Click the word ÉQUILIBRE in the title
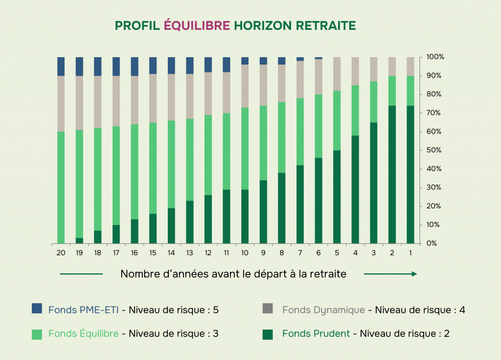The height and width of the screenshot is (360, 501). pyautogui.click(x=197, y=25)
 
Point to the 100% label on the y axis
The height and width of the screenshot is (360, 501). pyautogui.click(x=435, y=57)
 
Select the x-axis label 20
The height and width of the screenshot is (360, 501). pyautogui.click(x=61, y=253)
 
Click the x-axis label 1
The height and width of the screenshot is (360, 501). pyautogui.click(x=410, y=253)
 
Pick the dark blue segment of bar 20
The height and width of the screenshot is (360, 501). pyautogui.click(x=61, y=67)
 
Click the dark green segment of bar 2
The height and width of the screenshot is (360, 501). pyautogui.click(x=392, y=175)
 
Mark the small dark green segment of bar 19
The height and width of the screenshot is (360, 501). pyautogui.click(x=79, y=241)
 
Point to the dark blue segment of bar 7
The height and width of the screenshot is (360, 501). pyautogui.click(x=300, y=59)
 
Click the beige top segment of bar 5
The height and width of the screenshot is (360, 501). pyautogui.click(x=337, y=74)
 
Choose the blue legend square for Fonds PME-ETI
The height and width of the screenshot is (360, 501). pyautogui.click(x=37, y=309)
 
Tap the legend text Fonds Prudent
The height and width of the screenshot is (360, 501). pyautogui.click(x=316, y=334)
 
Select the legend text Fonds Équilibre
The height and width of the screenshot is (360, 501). pyautogui.click(x=83, y=334)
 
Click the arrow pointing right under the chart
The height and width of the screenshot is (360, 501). pyautogui.click(x=390, y=274)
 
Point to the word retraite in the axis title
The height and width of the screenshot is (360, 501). pyautogui.click(x=327, y=274)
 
